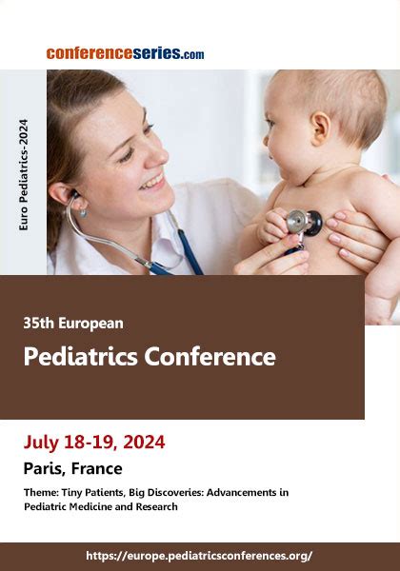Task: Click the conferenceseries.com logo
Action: click(x=125, y=53)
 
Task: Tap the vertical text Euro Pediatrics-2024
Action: click(x=23, y=175)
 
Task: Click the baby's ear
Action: click(x=321, y=128)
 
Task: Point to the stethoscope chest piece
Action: click(x=304, y=222)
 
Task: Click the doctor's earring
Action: click(x=84, y=212)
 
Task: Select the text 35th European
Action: click(x=73, y=323)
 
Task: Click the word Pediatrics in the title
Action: click(x=81, y=357)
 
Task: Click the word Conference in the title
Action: click(x=210, y=357)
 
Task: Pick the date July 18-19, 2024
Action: click(x=94, y=442)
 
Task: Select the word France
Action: click(x=97, y=468)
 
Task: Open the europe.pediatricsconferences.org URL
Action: click(x=199, y=556)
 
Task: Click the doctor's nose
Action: click(x=160, y=155)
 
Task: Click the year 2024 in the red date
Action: click(x=144, y=442)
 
